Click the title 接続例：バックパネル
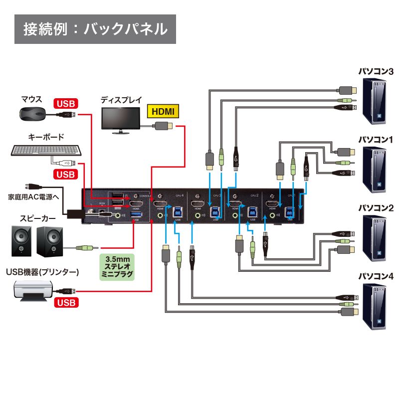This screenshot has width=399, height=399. pos(95,28)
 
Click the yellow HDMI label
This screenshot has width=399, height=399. pos(163,111)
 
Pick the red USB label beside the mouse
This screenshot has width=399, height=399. pos(66,104)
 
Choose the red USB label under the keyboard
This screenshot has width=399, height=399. pos(66,174)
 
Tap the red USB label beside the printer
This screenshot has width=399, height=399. pos(66,303)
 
